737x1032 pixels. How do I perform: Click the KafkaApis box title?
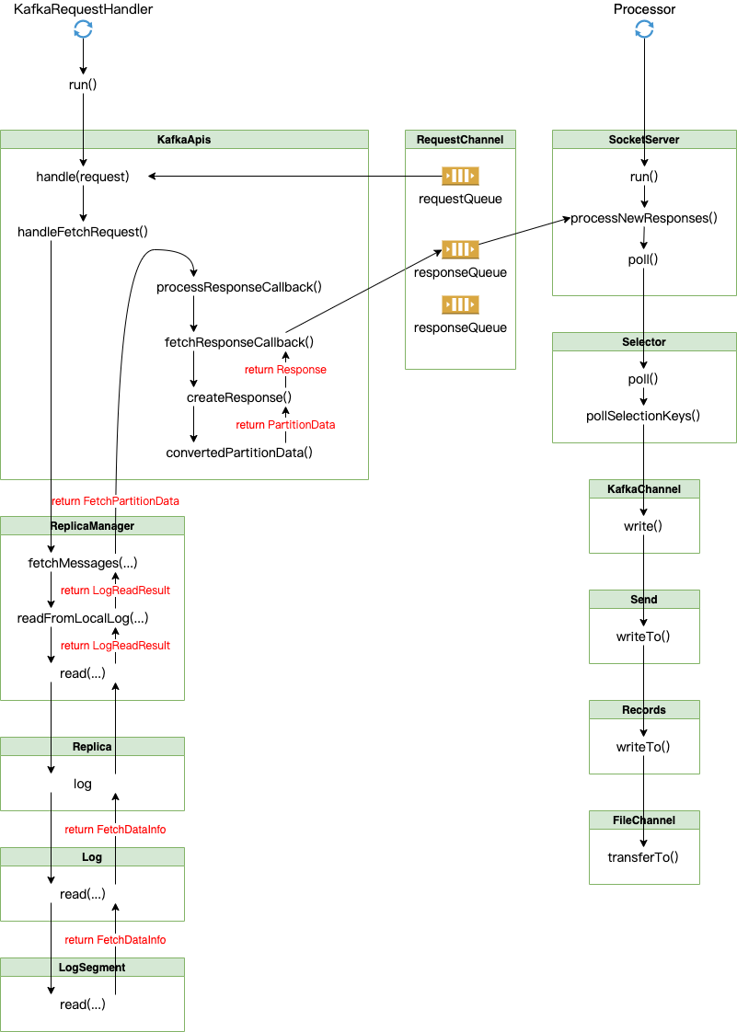click(184, 140)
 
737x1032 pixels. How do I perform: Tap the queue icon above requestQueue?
click(460, 176)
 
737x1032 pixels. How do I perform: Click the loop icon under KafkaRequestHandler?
click(83, 29)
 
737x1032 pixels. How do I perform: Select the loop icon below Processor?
click(644, 29)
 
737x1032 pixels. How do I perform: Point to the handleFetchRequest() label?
click(83, 232)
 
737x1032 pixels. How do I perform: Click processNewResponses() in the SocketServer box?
click(643, 218)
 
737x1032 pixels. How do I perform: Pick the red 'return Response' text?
click(285, 370)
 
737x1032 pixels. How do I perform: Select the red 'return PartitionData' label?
click(285, 425)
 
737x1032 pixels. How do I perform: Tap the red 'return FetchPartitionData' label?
click(115, 501)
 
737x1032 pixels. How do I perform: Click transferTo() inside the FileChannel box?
click(643, 857)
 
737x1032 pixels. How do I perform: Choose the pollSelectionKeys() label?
click(643, 416)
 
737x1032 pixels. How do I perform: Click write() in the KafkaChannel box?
click(643, 526)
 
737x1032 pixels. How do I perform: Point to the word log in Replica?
click(83, 784)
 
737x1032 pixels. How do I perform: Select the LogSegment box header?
click(92, 968)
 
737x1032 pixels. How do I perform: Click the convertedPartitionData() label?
click(239, 453)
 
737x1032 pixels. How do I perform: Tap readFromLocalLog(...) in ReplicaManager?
click(83, 618)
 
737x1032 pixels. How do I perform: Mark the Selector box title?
click(644, 342)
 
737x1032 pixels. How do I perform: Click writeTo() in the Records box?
click(643, 747)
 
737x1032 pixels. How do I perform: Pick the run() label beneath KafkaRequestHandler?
click(83, 85)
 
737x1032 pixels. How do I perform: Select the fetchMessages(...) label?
click(83, 563)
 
